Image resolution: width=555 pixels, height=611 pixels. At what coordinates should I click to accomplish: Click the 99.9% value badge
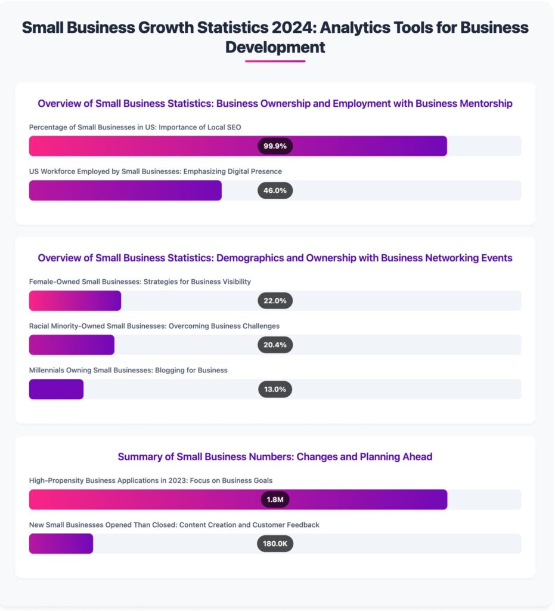click(x=275, y=146)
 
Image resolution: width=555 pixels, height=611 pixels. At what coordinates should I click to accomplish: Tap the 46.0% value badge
click(x=275, y=190)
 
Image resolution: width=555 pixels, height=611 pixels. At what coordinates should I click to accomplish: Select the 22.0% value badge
click(x=275, y=301)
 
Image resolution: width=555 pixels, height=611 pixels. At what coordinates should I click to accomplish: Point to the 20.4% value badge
click(x=275, y=345)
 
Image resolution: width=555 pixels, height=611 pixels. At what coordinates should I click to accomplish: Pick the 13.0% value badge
click(x=275, y=389)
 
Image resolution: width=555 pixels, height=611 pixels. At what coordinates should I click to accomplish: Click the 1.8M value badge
click(x=275, y=499)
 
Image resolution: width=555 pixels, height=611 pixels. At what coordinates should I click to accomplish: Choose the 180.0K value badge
click(x=275, y=544)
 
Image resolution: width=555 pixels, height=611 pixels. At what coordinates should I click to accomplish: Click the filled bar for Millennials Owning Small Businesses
click(x=56, y=389)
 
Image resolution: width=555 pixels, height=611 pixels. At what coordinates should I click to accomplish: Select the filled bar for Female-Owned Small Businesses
click(x=75, y=301)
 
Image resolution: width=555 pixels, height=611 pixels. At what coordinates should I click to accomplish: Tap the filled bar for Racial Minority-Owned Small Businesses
click(x=72, y=345)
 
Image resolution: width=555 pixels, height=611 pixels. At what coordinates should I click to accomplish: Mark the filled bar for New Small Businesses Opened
click(x=61, y=544)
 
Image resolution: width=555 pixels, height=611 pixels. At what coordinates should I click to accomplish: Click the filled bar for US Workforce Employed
click(x=125, y=190)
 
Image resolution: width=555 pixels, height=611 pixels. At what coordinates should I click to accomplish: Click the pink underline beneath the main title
click(x=275, y=61)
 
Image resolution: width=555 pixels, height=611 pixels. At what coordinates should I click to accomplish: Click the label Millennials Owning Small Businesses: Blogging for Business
click(x=128, y=370)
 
